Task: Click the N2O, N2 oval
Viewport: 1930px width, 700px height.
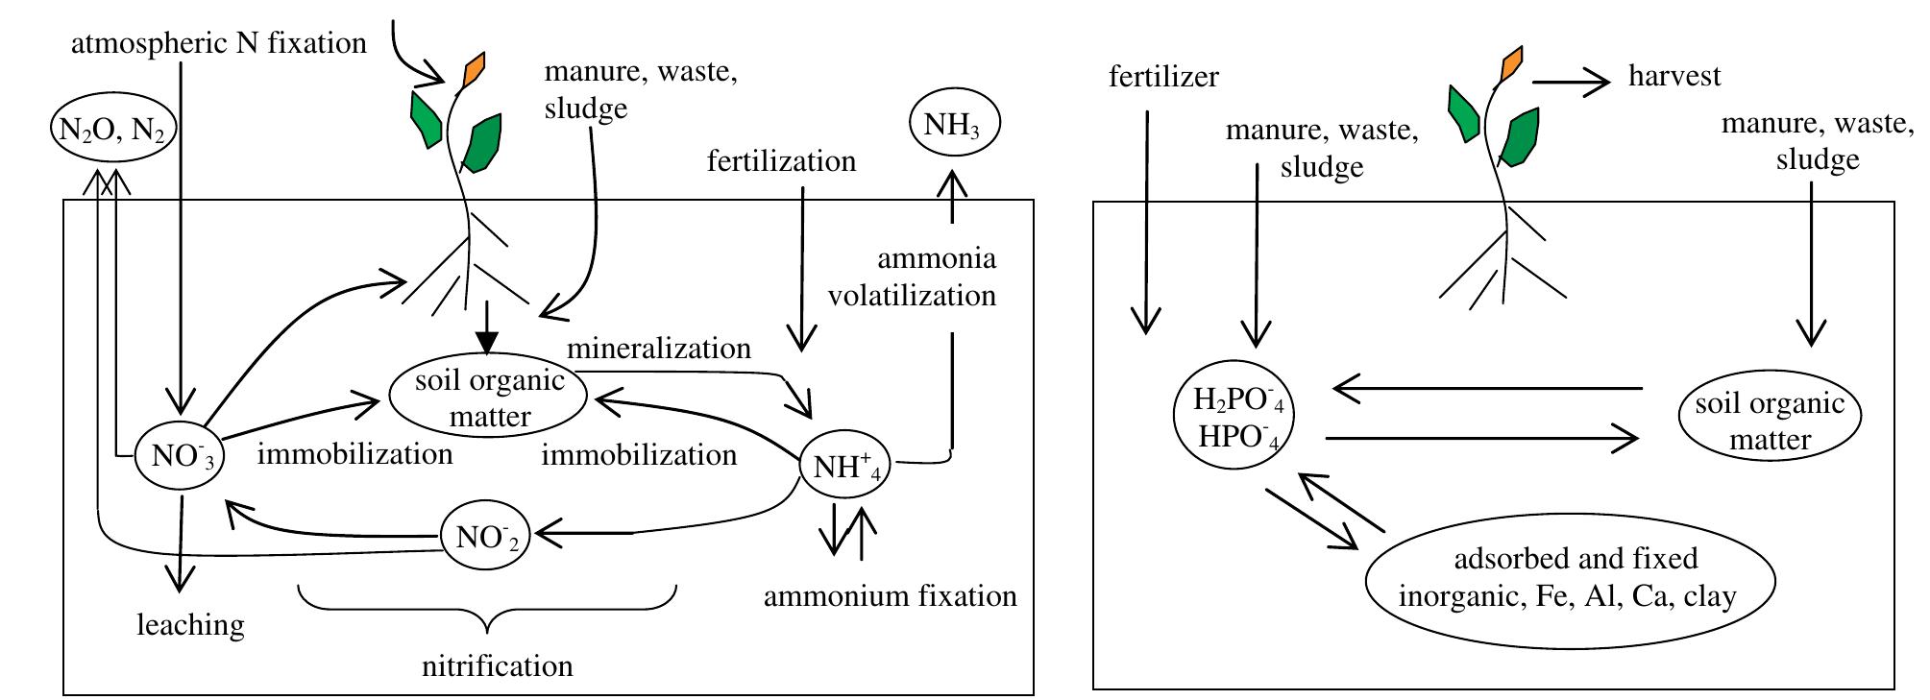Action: click(x=113, y=131)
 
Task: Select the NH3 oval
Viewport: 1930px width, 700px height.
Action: click(x=953, y=124)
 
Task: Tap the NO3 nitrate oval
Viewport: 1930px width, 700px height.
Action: click(x=181, y=456)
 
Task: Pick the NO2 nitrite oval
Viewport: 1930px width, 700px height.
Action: click(x=486, y=537)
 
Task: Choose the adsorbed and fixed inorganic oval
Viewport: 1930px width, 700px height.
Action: click(x=1569, y=578)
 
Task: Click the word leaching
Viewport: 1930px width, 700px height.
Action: click(x=190, y=626)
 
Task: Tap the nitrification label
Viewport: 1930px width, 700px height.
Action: click(x=497, y=665)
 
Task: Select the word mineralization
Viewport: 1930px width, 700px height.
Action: click(x=659, y=348)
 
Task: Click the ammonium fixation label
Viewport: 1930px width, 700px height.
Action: click(x=890, y=596)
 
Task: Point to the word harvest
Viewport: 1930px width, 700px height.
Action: click(x=1674, y=76)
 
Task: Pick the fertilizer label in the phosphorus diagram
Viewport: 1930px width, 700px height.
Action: click(x=1163, y=77)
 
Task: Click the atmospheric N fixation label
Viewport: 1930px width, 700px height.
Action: click(x=219, y=43)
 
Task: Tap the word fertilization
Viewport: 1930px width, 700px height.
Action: click(x=781, y=160)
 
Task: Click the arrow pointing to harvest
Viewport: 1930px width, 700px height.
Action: click(x=1571, y=83)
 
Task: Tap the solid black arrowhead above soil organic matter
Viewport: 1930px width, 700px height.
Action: click(x=488, y=340)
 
